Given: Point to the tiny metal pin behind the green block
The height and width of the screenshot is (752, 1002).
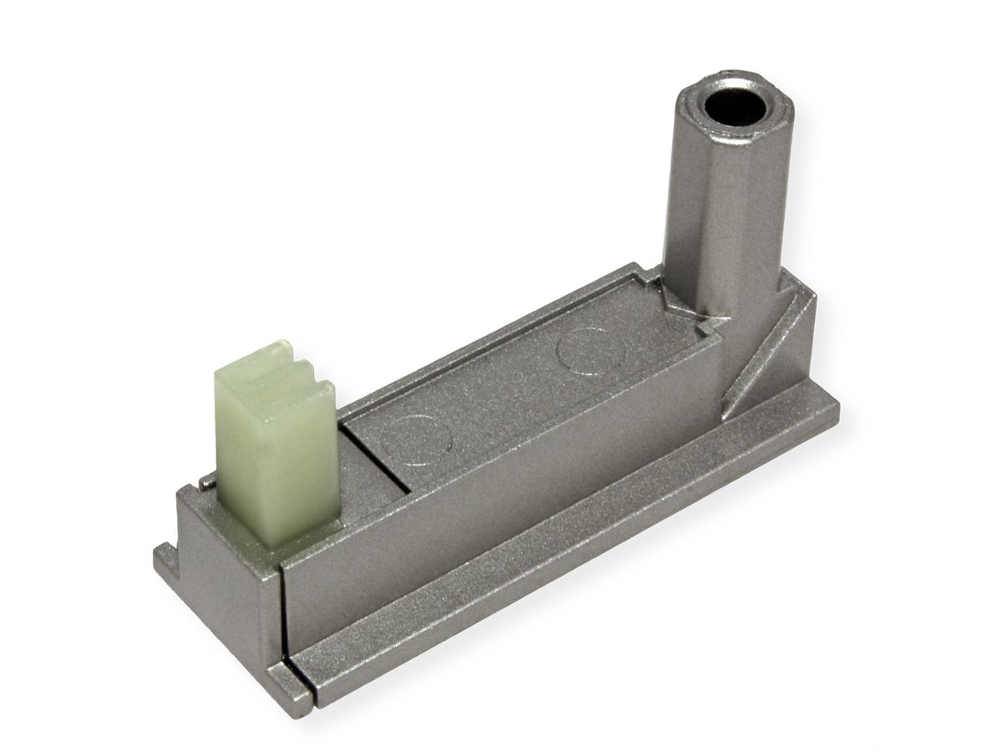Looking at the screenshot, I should click(204, 483).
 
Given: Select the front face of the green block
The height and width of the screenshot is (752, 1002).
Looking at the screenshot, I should click(250, 468).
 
